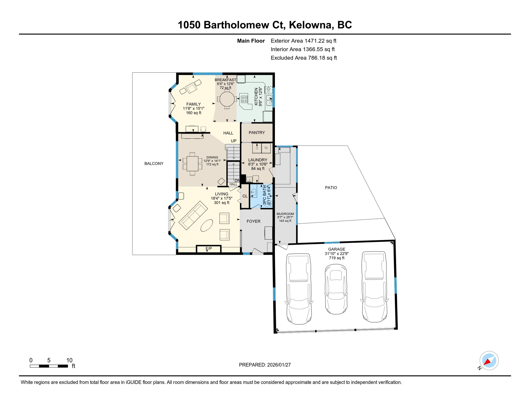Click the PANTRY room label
point(256,133)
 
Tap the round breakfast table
point(227,99)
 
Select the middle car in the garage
point(336,289)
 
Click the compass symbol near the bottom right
point(489,361)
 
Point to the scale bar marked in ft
point(49,366)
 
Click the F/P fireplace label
point(209,249)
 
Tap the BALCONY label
point(154,163)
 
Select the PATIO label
point(331,188)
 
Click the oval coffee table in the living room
point(207,225)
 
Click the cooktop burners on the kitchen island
point(244,99)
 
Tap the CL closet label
point(245,196)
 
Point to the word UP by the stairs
point(234,141)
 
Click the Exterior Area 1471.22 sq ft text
point(303,41)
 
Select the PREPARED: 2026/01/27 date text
point(265,365)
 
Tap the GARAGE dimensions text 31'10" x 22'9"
point(336,254)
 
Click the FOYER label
point(253,221)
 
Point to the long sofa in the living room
point(193,215)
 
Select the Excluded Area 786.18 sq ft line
point(304,58)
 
